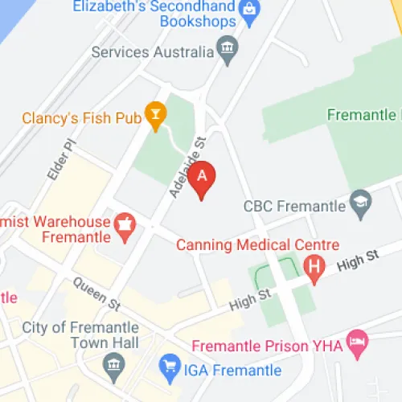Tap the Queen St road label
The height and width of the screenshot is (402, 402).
(96, 293)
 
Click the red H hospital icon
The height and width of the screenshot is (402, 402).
(314, 266)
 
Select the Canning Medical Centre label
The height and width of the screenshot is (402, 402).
(257, 244)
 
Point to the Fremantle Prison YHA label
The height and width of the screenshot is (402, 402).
(267, 347)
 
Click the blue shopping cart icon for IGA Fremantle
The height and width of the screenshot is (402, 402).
(169, 368)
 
